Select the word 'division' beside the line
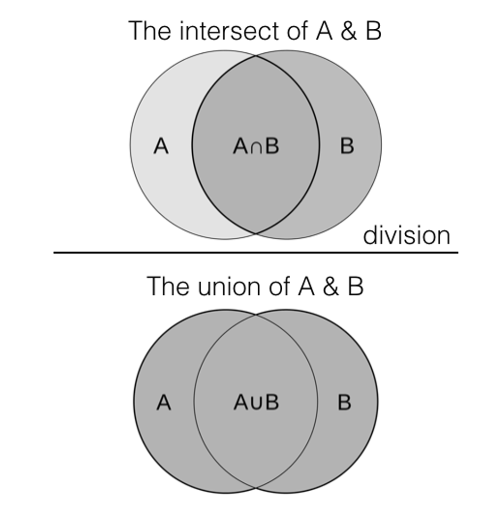coord(406,235)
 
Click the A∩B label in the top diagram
coord(256,146)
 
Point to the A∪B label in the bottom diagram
coord(256,403)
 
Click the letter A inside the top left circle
coord(161,146)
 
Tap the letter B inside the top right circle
coord(347,146)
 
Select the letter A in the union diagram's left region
coord(164,403)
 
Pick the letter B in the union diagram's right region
coord(344,403)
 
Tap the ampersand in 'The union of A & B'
coord(330,286)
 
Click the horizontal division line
coord(256,253)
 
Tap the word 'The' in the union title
coord(169,286)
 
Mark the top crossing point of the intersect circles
coord(256,56)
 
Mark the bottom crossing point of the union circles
coord(256,487)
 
